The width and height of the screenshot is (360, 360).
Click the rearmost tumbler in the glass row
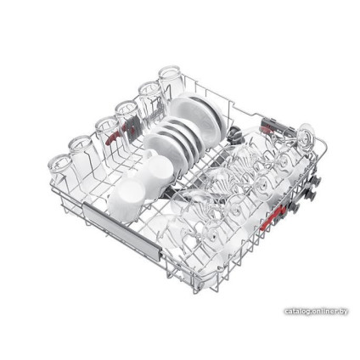pos(171,82)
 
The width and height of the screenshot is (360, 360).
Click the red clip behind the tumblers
pos(113,138)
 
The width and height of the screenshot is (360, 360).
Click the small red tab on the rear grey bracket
pos(266,130)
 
